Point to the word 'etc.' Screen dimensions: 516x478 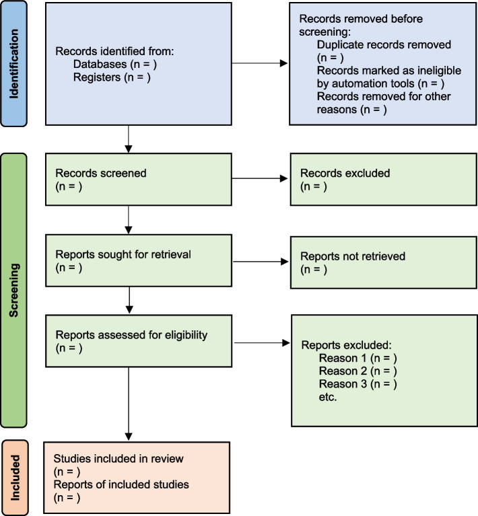tap(329, 398)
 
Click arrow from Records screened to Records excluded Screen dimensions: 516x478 tap(259, 180)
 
